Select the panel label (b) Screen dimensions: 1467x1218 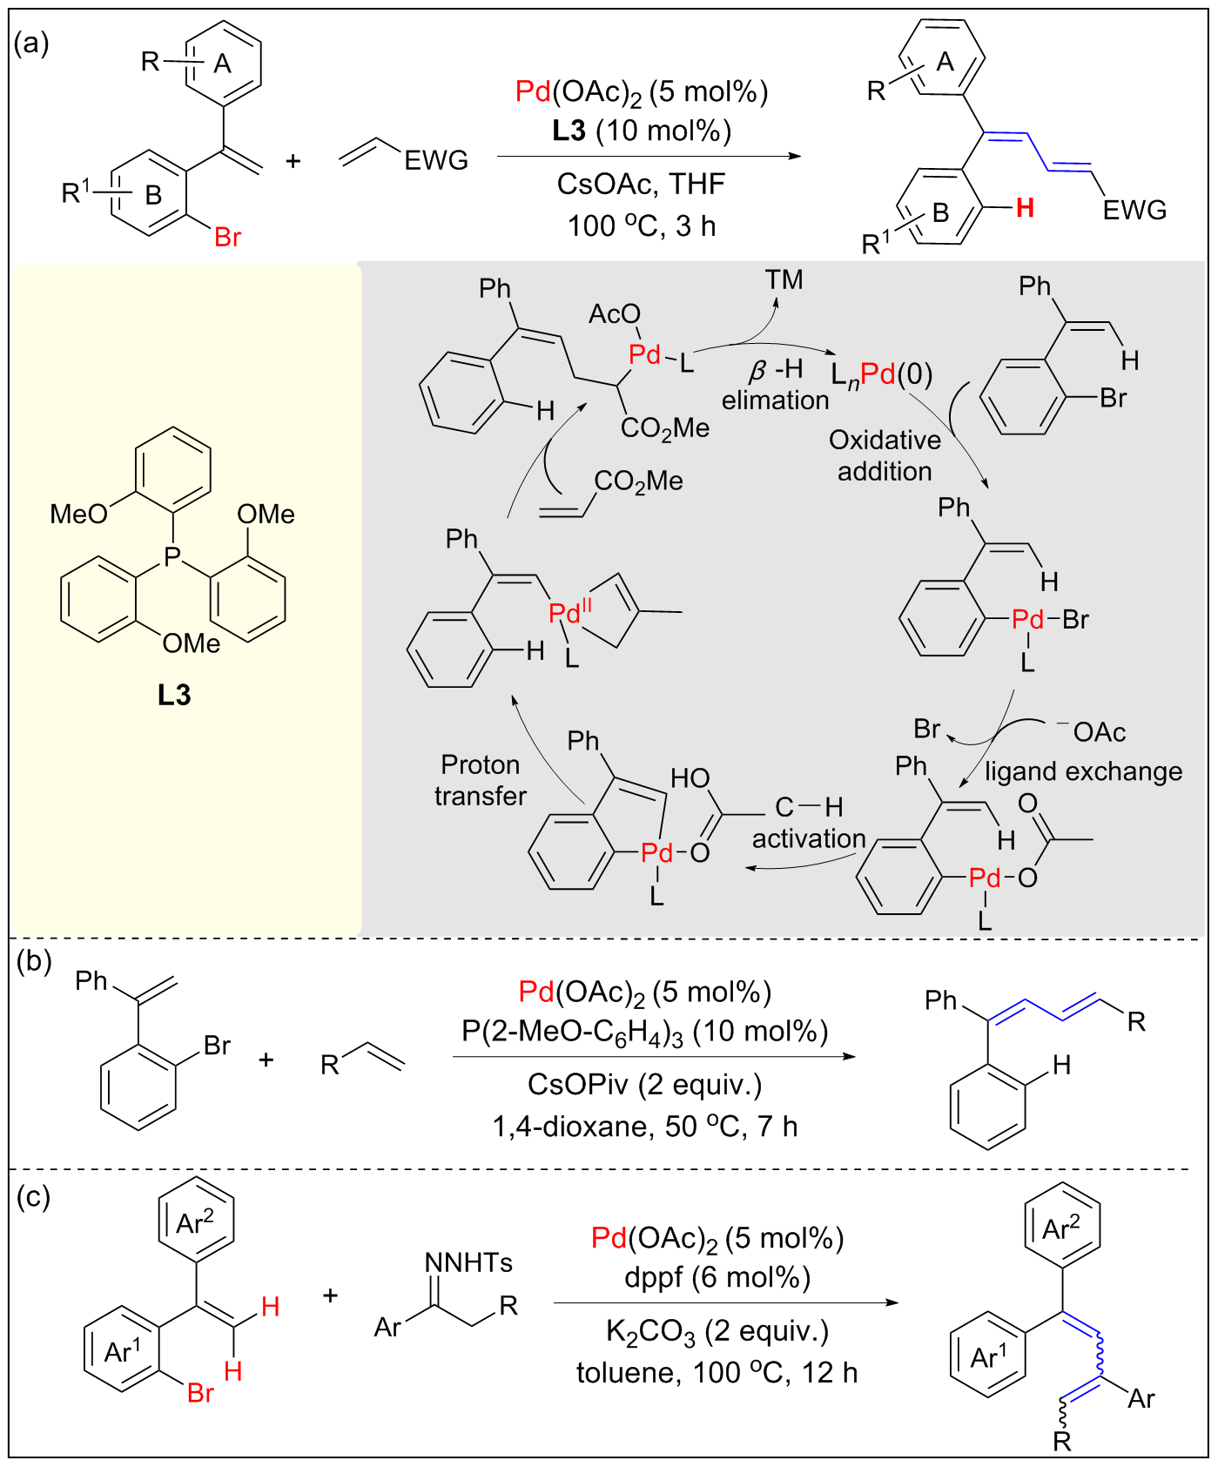(34, 961)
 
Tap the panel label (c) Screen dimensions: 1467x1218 (33, 1197)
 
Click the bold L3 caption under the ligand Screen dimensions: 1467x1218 (173, 695)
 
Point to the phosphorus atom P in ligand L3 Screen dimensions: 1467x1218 (172, 555)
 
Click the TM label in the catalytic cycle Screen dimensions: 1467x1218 (784, 280)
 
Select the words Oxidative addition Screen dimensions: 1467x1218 (885, 455)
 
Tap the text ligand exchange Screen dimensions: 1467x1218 (1083, 771)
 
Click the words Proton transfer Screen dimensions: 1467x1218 (481, 780)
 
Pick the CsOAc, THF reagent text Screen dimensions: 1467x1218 (642, 185)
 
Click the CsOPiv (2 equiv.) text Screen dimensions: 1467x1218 (644, 1085)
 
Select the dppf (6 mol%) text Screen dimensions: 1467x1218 (717, 1277)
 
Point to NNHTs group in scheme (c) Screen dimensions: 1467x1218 (468, 1262)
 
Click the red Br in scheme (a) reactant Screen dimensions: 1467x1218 (227, 237)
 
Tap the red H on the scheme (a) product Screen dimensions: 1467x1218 (1025, 208)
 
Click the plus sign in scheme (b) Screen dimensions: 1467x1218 (266, 1060)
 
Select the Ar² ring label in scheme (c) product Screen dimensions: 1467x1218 (1061, 1229)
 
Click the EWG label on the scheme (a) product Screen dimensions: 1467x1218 (1134, 210)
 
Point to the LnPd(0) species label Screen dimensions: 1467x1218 (881, 374)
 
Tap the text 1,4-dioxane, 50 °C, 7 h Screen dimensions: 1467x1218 (644, 1127)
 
